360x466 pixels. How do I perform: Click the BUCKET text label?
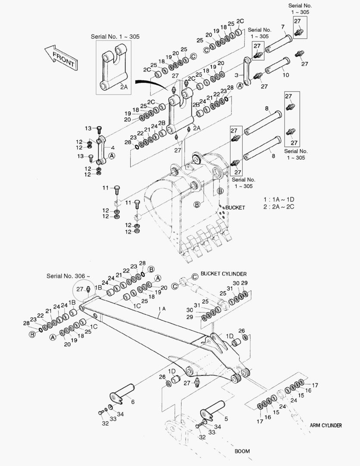(235, 208)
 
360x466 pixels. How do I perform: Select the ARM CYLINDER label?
(326, 425)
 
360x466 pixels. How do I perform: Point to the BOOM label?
(242, 451)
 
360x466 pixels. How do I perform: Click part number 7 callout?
(283, 27)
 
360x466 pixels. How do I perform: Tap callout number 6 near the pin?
(133, 402)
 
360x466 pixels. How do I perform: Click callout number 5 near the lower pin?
(226, 418)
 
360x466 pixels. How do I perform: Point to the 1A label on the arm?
(162, 309)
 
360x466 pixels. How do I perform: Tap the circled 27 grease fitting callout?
(81, 289)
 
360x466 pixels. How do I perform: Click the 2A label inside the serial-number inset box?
(124, 87)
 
